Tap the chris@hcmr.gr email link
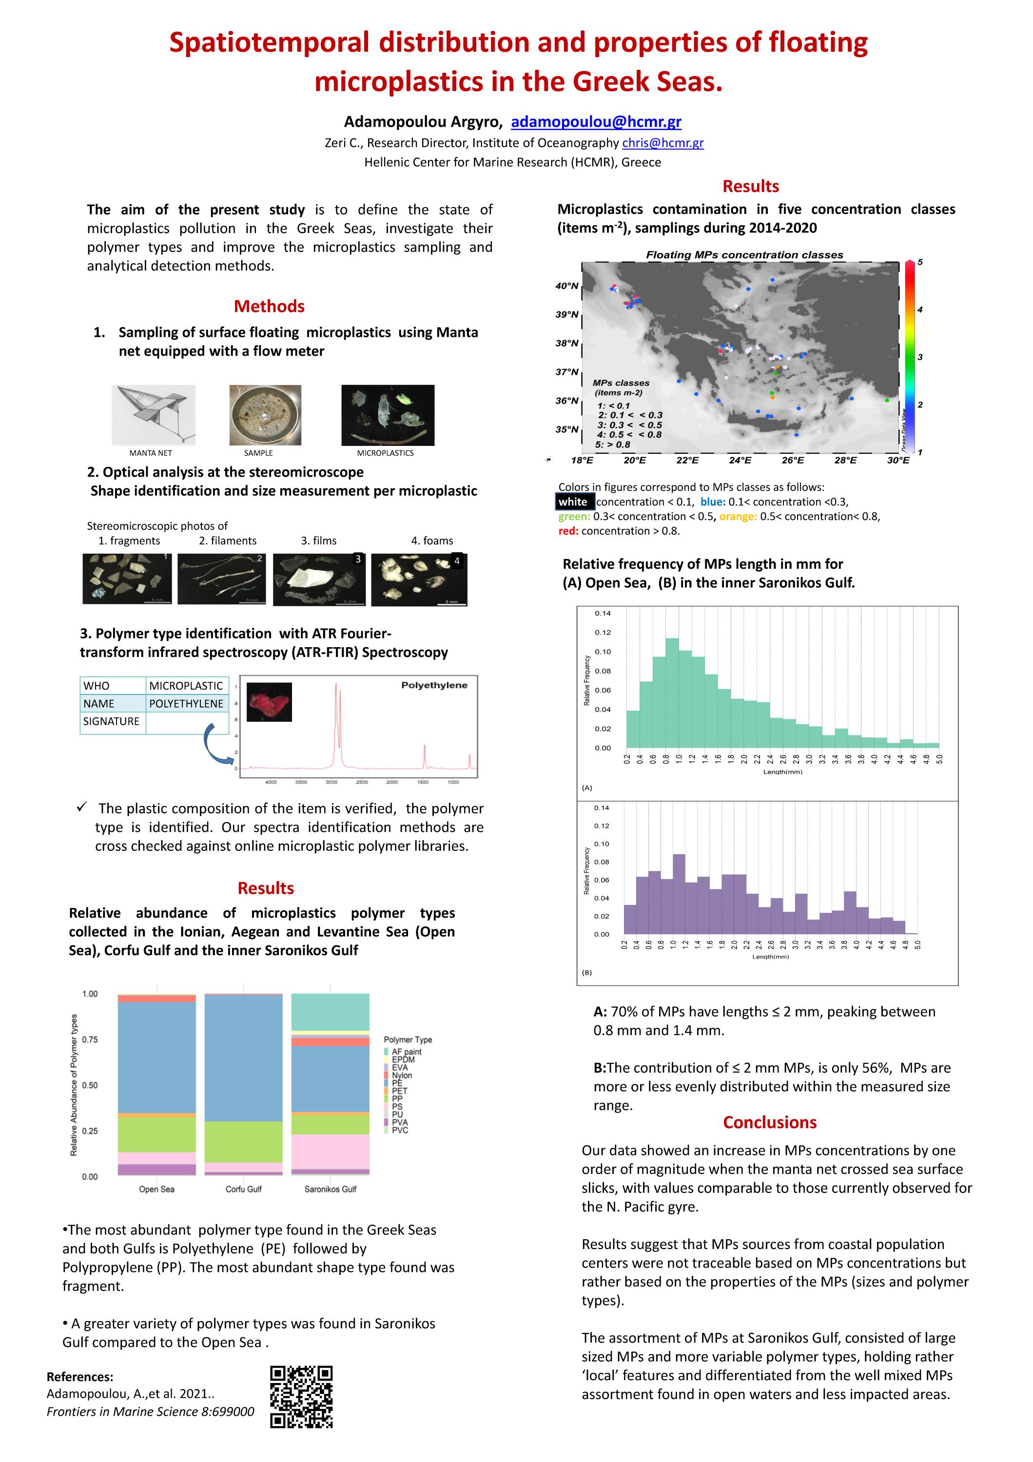point(663,143)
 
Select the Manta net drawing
point(154,415)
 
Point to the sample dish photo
point(265,415)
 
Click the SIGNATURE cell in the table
point(112,721)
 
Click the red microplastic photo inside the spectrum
point(269,702)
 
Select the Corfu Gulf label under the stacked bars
point(243,1189)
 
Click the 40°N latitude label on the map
point(566,286)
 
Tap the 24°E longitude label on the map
point(740,460)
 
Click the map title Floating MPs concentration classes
point(744,255)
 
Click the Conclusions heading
point(769,1122)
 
